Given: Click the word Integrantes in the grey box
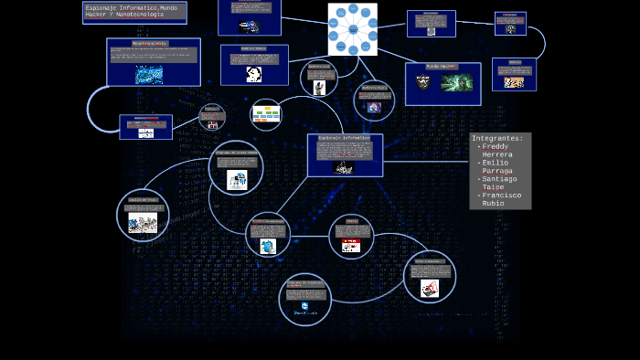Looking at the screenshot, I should pos(497,139).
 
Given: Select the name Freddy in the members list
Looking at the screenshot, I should pos(496,147).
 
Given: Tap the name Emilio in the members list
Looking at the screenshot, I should pos(496,163).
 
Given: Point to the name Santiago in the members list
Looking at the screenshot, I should pos(500,179).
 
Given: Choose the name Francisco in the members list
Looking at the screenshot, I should pos(502,195).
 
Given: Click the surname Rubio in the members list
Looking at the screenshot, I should pos(495,203).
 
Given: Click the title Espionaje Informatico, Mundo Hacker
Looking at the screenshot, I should pos(125,11).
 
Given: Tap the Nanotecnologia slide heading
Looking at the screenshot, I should pos(149,43).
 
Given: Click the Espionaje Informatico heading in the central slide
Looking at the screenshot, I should pos(345,138).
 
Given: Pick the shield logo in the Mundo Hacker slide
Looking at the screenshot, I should pos(423,82).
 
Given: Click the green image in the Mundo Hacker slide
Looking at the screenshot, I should pos(456,82).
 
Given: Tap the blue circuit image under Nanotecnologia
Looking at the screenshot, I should pos(149,75).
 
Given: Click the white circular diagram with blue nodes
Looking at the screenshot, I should pos(352,29).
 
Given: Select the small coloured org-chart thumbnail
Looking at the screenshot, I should pos(266,114).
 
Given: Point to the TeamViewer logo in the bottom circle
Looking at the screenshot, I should pos(304,308).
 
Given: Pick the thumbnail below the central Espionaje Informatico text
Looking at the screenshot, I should pos(344,167).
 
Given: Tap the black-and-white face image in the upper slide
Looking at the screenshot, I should pos(254,73).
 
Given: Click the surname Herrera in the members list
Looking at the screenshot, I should pos(497,155).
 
